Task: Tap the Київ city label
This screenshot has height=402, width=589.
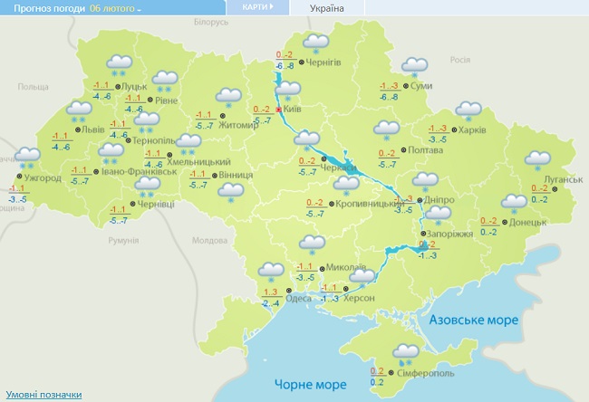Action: (x=292, y=109)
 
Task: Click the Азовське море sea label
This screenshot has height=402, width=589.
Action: (x=473, y=321)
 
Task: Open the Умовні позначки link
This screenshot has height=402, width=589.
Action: (x=43, y=395)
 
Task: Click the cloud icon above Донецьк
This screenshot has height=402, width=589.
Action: (x=515, y=203)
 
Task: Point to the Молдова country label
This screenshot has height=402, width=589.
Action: (x=209, y=241)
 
